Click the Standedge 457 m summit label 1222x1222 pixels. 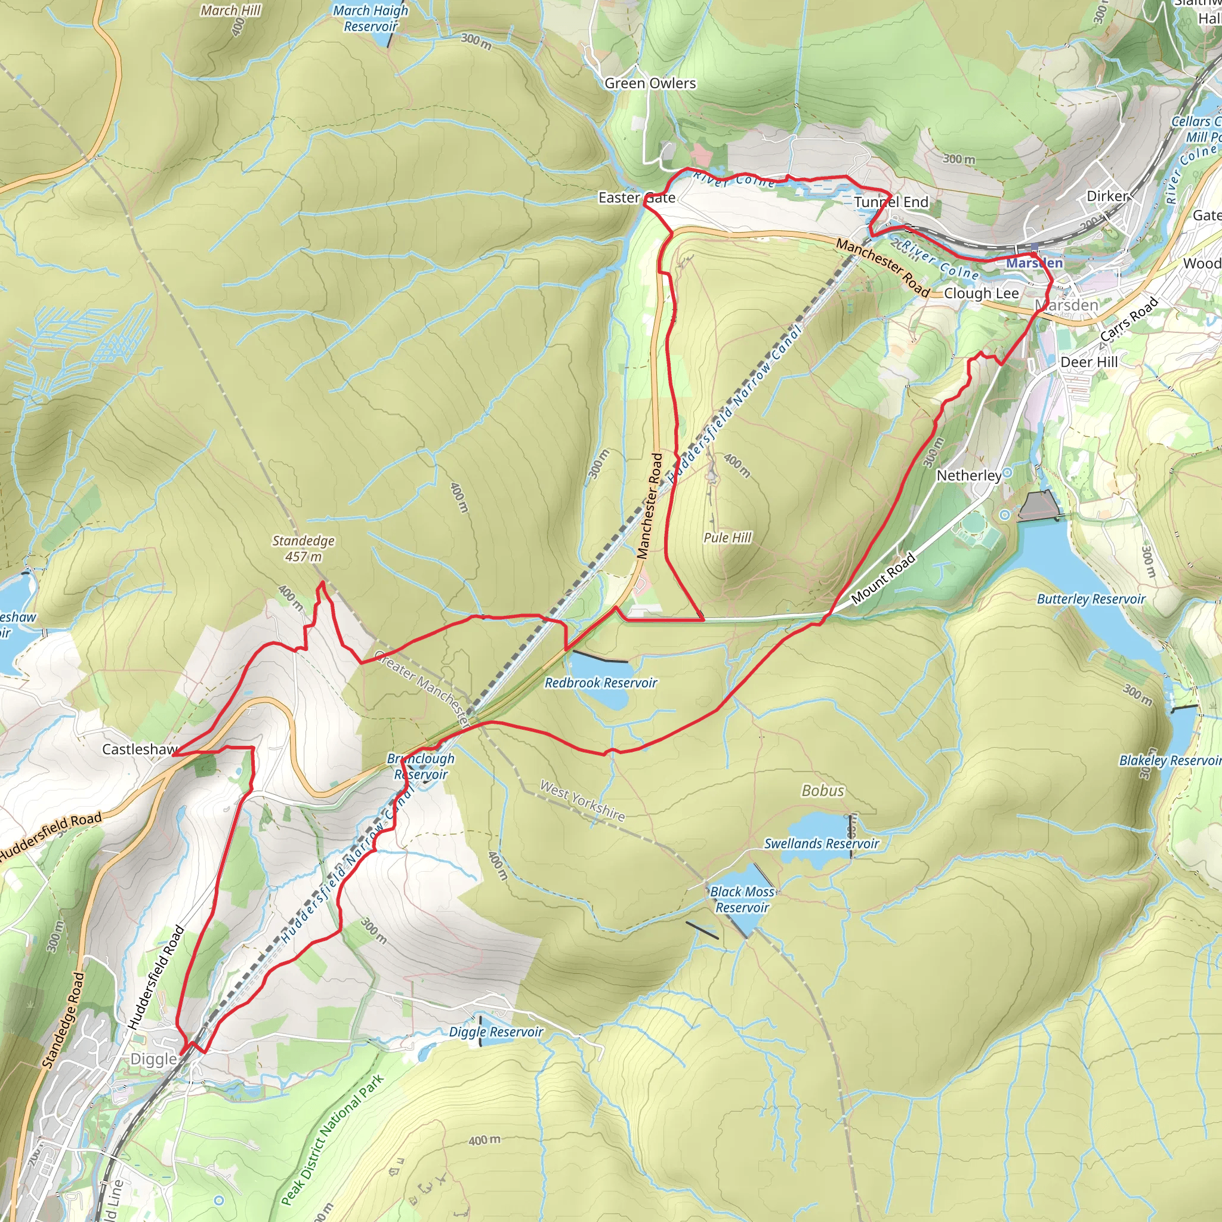(303, 548)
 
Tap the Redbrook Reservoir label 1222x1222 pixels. (600, 683)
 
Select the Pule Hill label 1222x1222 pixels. (727, 538)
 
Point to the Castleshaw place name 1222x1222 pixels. (139, 749)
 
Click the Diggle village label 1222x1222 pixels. (154, 1059)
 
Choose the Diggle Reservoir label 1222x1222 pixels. (495, 1032)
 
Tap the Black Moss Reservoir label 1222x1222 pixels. (742, 899)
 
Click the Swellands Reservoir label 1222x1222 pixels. (821, 843)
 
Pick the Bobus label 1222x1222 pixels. (822, 791)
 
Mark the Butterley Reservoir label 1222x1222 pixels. (1091, 599)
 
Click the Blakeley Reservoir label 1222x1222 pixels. (1169, 760)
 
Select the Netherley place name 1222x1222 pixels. (968, 476)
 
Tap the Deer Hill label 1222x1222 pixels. (1088, 362)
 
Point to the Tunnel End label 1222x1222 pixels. (891, 202)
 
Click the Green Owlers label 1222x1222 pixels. (650, 84)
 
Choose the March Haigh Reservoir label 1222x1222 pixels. (371, 18)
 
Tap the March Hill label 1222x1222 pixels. (230, 11)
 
